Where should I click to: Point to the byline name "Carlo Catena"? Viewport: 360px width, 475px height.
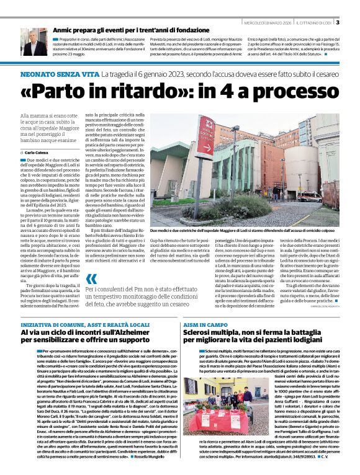point(37,152)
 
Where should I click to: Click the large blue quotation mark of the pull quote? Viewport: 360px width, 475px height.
point(92,297)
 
